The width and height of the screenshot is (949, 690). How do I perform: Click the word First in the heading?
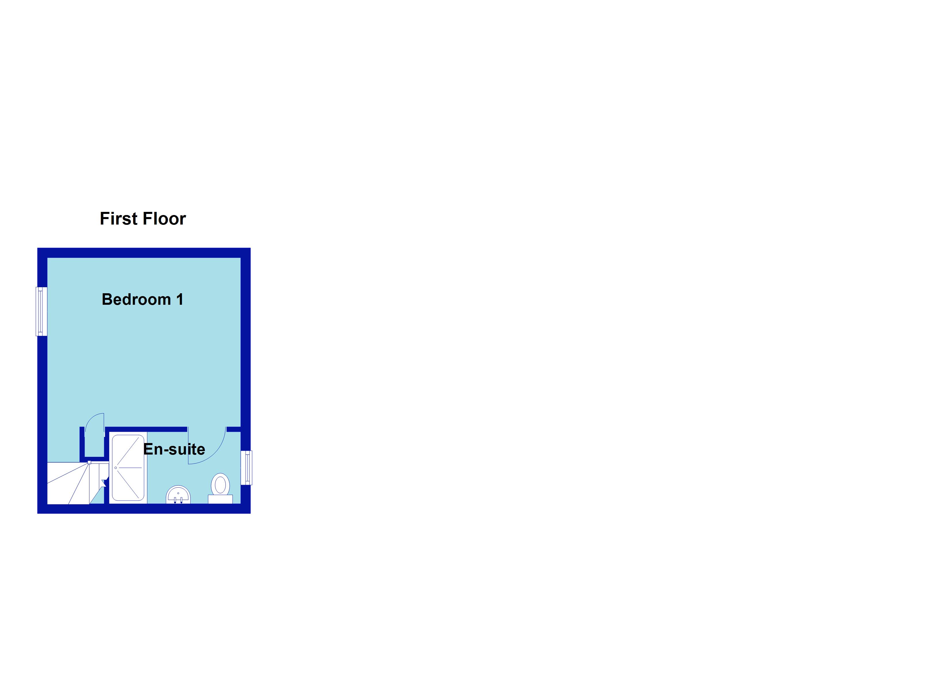point(118,219)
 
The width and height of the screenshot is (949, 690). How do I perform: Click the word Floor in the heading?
point(164,219)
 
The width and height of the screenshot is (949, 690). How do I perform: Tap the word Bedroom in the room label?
point(136,300)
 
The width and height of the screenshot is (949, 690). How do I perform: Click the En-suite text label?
point(174,449)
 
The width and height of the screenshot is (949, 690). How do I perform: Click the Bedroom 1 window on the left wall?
point(41,311)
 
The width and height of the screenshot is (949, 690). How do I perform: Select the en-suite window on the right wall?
point(246,467)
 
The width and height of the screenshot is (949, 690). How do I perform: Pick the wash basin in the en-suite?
point(178,494)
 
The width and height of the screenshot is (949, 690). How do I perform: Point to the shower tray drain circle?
point(116,468)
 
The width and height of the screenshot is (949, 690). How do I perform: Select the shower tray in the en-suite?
point(128,468)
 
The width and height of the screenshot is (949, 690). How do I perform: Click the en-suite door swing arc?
point(207,446)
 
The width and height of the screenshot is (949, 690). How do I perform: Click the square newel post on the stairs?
point(89,462)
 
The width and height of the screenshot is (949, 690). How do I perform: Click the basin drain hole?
point(178,493)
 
